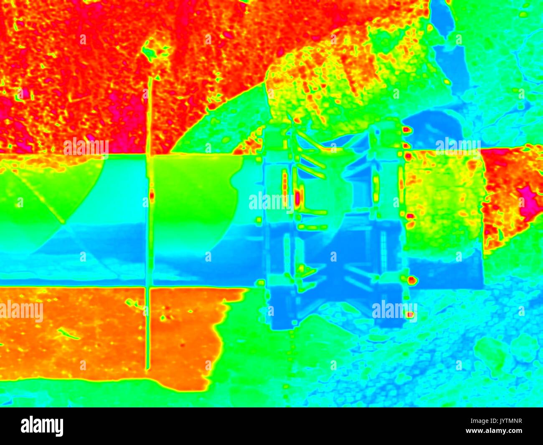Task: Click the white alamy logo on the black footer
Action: [42, 426]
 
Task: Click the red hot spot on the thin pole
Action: [151, 195]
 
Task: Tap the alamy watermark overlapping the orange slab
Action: [21, 312]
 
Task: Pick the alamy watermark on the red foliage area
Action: [86, 146]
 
